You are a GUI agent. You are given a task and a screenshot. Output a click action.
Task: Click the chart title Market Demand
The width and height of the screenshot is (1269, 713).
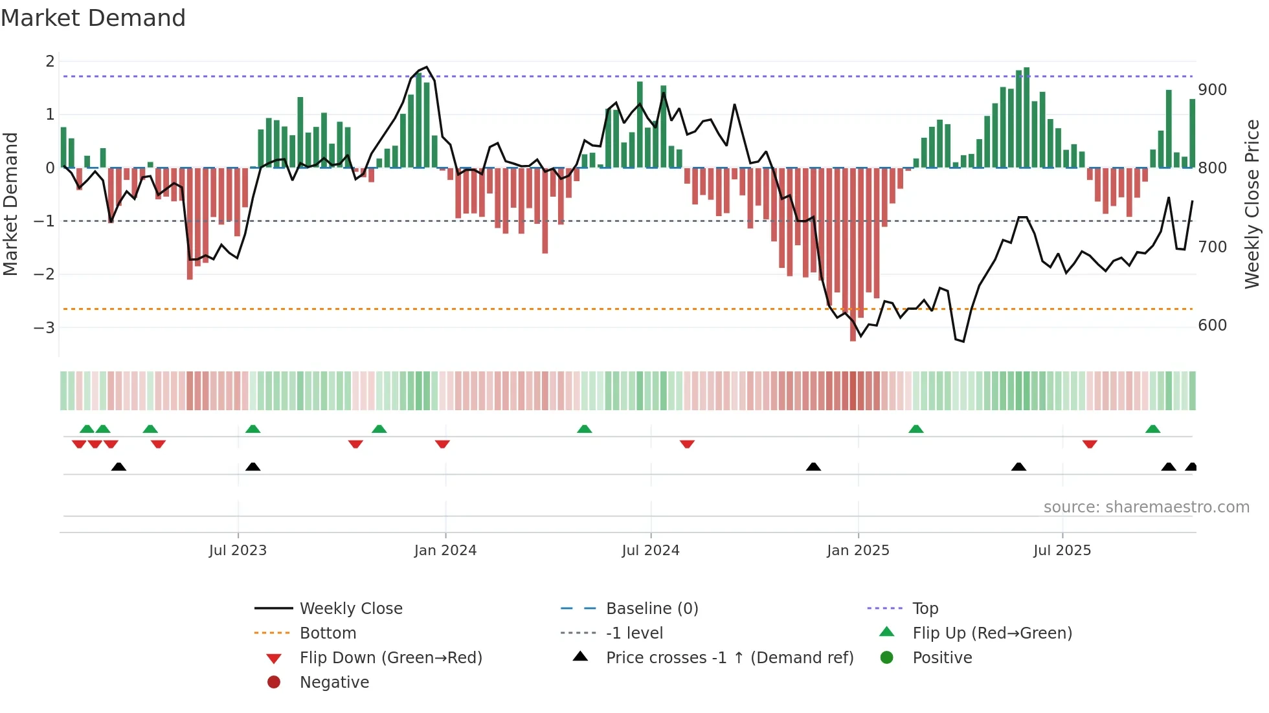[93, 18]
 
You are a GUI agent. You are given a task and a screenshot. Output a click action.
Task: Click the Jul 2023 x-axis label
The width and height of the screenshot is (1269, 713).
[238, 551]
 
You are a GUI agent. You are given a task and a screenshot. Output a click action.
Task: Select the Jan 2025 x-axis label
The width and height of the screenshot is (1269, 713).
[858, 551]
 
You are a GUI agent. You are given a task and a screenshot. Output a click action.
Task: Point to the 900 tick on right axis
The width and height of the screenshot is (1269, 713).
[1212, 90]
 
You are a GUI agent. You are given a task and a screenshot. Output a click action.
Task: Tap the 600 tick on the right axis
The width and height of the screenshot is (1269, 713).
[1212, 325]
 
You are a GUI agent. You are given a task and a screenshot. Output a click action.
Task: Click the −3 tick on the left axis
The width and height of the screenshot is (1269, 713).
[44, 327]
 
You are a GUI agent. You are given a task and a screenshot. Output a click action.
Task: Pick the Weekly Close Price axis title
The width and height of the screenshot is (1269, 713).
[1252, 204]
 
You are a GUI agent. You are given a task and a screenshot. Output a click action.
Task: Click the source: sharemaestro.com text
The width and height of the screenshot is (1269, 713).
[1146, 507]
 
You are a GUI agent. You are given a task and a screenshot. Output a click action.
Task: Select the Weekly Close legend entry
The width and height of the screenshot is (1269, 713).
[350, 609]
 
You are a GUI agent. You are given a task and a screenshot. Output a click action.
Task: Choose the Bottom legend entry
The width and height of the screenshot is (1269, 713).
[328, 633]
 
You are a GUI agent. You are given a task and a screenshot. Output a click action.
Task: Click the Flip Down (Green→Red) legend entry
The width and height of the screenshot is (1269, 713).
[390, 658]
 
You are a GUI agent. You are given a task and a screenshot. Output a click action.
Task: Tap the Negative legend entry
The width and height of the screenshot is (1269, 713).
[334, 683]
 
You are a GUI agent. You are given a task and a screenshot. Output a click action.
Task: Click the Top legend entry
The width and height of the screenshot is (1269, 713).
[925, 609]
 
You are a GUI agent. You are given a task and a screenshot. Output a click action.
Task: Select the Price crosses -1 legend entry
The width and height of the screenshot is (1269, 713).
[729, 658]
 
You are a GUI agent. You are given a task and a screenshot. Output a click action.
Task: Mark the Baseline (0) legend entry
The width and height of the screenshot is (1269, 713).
[651, 609]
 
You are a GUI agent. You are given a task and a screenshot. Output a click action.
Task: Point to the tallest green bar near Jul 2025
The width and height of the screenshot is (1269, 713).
[1027, 116]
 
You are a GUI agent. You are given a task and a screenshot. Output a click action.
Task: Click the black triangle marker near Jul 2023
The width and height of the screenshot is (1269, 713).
[253, 466]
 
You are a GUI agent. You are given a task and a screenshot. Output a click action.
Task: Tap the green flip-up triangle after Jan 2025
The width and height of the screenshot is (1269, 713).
[915, 429]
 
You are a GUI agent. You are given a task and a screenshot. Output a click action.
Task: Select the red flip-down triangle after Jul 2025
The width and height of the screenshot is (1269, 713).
[1090, 444]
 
